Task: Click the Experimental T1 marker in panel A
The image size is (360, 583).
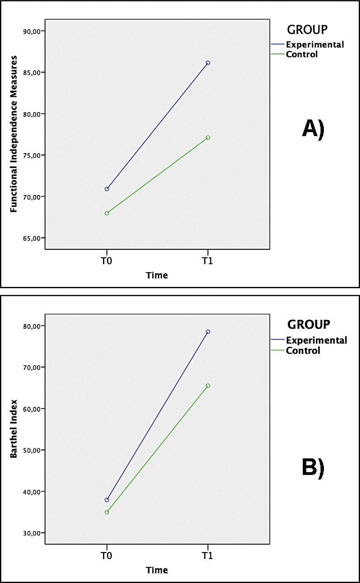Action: tap(208, 63)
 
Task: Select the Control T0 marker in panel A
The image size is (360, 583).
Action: tap(106, 213)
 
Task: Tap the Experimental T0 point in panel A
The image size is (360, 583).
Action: tap(106, 189)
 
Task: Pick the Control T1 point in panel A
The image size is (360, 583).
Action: tap(208, 137)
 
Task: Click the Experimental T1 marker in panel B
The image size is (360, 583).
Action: tap(208, 332)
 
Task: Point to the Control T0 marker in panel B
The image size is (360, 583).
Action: tap(106, 512)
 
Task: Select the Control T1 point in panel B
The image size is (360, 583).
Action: tap(208, 385)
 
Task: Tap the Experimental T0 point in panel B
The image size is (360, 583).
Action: tap(106, 500)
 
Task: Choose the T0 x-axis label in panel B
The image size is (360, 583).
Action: tap(106, 557)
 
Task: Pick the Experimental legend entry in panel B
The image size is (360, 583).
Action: tap(316, 340)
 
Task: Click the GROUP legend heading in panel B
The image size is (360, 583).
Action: tap(309, 324)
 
